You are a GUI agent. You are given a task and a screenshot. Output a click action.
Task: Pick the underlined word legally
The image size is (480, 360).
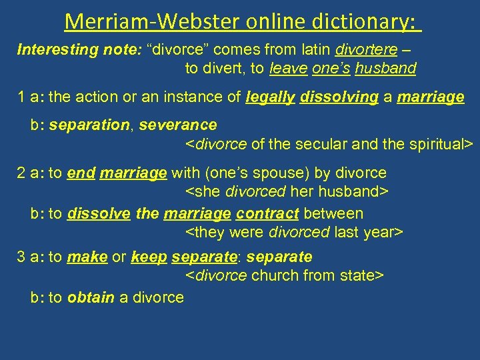[x=271, y=97]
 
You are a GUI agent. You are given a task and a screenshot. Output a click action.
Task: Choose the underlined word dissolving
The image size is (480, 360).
[x=339, y=97]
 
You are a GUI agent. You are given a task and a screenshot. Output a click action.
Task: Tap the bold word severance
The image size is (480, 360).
[x=177, y=125]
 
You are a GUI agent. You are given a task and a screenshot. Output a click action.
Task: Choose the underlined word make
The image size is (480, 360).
[x=87, y=257]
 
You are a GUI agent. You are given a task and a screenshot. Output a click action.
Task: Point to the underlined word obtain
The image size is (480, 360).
[x=91, y=297]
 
